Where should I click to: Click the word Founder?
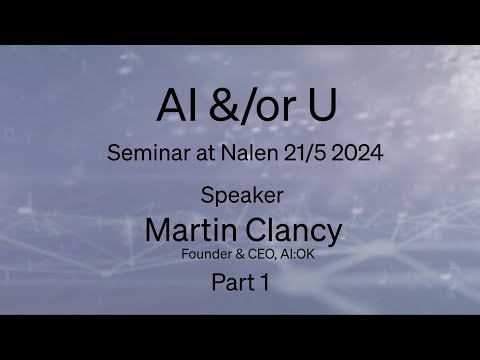click(202, 254)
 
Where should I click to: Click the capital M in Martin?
click(157, 229)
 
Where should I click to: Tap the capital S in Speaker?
click(207, 195)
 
